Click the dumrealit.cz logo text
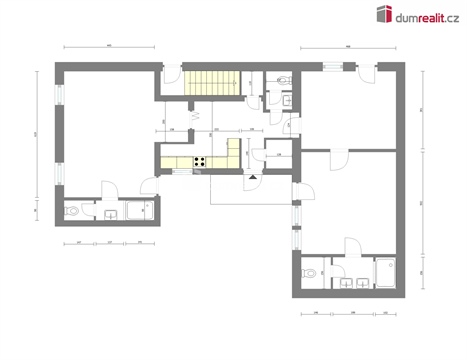(x=429, y=14)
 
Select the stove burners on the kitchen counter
(x=201, y=161)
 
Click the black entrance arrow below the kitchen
(x=255, y=177)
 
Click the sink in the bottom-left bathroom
(x=106, y=212)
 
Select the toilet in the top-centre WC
(x=284, y=79)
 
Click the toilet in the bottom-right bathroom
(x=312, y=271)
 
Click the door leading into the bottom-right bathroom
(x=349, y=246)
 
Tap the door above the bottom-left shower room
(x=147, y=186)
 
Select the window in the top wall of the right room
(x=327, y=64)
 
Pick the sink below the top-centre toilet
(x=287, y=97)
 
